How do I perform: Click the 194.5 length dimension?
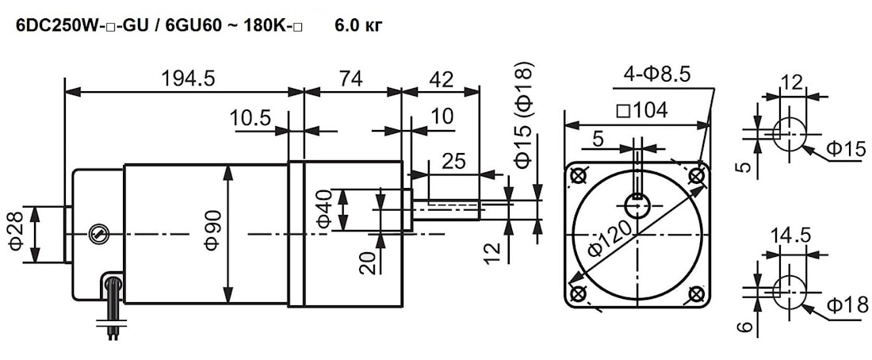(187, 79)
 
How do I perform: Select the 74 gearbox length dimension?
(351, 79)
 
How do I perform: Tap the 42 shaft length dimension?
(440, 79)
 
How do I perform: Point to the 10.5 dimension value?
(251, 117)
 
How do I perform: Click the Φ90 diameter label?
(212, 231)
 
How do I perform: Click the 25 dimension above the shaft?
(454, 162)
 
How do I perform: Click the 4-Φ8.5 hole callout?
(657, 74)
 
